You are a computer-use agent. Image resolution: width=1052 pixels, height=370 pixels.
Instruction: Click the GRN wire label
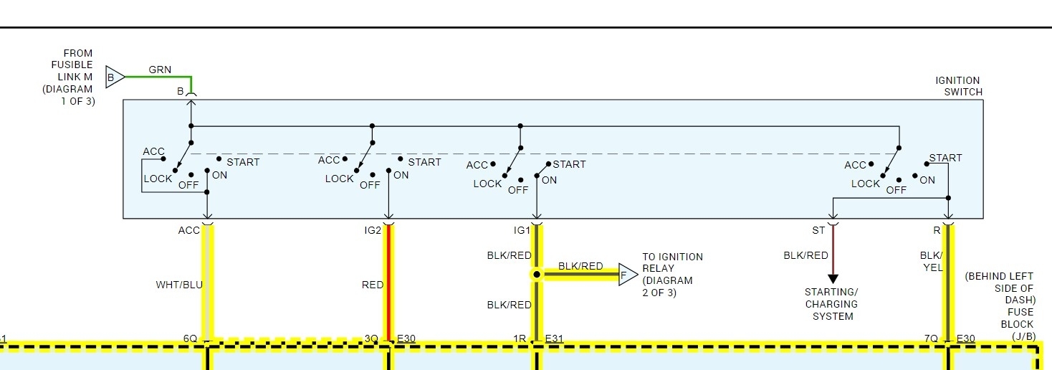pyautogui.click(x=160, y=70)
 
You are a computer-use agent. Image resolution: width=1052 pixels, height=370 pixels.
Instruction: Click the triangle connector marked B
pyautogui.click(x=114, y=77)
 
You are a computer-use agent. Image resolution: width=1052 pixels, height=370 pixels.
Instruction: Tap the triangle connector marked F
pyautogui.click(x=627, y=274)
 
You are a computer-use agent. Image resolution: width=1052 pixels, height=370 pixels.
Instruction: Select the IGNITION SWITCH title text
pyautogui.click(x=957, y=86)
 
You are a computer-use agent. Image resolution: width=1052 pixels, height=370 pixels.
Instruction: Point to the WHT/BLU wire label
pyautogui.click(x=179, y=285)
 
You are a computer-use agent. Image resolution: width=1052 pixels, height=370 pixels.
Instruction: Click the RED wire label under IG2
pyautogui.click(x=373, y=285)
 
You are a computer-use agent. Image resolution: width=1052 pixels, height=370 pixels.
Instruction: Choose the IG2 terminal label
pyautogui.click(x=373, y=230)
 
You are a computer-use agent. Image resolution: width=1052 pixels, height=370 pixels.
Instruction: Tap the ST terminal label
pyautogui.click(x=818, y=230)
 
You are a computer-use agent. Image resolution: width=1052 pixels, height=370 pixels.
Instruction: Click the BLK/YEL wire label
pyautogui.click(x=931, y=261)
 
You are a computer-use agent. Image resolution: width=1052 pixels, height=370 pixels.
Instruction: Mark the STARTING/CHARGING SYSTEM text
pyautogui.click(x=832, y=304)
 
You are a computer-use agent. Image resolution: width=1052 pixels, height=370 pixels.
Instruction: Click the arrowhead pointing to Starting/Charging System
pyautogui.click(x=833, y=278)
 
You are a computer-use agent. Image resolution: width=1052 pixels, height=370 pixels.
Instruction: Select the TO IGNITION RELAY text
pyautogui.click(x=672, y=275)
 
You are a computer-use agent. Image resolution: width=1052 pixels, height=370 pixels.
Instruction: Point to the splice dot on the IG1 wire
pyautogui.click(x=536, y=274)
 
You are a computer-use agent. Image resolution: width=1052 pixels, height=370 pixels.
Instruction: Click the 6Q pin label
pyautogui.click(x=190, y=338)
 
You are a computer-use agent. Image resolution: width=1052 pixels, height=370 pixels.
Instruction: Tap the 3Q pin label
pyautogui.click(x=371, y=338)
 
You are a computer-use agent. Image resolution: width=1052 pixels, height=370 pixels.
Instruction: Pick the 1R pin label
pyautogui.click(x=520, y=338)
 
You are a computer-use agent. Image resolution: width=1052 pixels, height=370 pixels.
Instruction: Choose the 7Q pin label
pyautogui.click(x=931, y=338)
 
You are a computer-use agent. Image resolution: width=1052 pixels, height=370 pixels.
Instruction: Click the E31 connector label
pyautogui.click(x=555, y=338)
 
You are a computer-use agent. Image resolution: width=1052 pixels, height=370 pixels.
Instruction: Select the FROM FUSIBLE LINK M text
pyautogui.click(x=70, y=77)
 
